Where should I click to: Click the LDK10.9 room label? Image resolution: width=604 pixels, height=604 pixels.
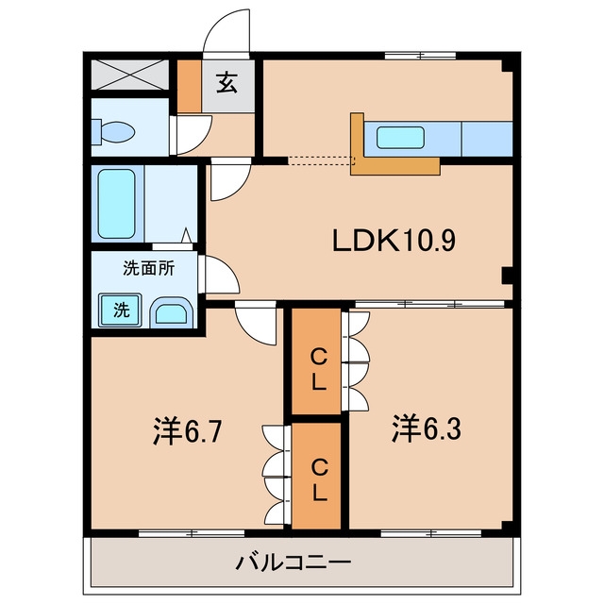pyautogui.click(x=394, y=240)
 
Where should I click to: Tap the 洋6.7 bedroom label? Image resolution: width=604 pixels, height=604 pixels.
pyautogui.click(x=187, y=430)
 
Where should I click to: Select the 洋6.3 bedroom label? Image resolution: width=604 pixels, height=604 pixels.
pyautogui.click(x=427, y=428)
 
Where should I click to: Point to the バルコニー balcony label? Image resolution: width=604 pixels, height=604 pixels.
pyautogui.click(x=294, y=562)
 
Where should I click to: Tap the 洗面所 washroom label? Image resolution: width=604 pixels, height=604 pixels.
pyautogui.click(x=149, y=268)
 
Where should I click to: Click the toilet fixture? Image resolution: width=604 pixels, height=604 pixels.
pyautogui.click(x=113, y=132)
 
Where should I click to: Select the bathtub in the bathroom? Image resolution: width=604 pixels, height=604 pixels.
pyautogui.click(x=116, y=204)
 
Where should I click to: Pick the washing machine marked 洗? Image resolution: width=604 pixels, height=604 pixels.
pyautogui.click(x=120, y=310)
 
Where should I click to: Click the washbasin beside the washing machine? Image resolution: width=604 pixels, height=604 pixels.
pyautogui.click(x=171, y=312)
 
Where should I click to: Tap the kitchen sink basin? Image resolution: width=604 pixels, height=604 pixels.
pyautogui.click(x=400, y=138)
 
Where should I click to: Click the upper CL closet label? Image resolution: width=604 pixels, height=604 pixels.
pyautogui.click(x=319, y=371)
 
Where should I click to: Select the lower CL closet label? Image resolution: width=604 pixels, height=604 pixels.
pyautogui.click(x=319, y=480)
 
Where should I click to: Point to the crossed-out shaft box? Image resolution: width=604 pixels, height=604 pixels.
pyautogui.click(x=130, y=75)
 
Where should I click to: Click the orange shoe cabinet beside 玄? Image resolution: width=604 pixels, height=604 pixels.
pyautogui.click(x=189, y=86)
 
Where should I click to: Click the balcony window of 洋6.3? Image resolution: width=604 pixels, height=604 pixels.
pyautogui.click(x=431, y=533)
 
